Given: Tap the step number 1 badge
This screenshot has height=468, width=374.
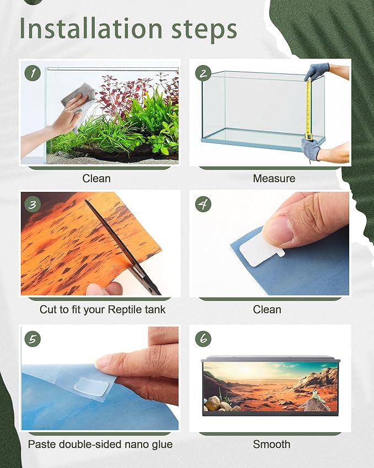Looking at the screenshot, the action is [x=33, y=73].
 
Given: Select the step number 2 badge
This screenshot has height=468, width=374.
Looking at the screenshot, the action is [x=203, y=73].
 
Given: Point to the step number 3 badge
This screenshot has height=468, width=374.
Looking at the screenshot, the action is [x=33, y=205].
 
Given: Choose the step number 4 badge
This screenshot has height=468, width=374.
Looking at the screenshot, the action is [x=203, y=205].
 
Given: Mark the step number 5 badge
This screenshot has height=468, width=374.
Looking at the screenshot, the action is [x=33, y=339].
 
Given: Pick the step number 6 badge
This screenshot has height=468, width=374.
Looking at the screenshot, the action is [x=203, y=339].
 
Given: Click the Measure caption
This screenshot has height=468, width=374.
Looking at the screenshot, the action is [x=274, y=179].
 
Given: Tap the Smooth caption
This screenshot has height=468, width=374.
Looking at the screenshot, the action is [x=272, y=444].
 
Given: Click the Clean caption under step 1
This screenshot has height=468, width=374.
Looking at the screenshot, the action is [x=96, y=179].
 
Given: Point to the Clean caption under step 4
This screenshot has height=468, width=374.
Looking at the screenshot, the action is [x=267, y=309].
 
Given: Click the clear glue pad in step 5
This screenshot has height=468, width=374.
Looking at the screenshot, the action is [x=91, y=386].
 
